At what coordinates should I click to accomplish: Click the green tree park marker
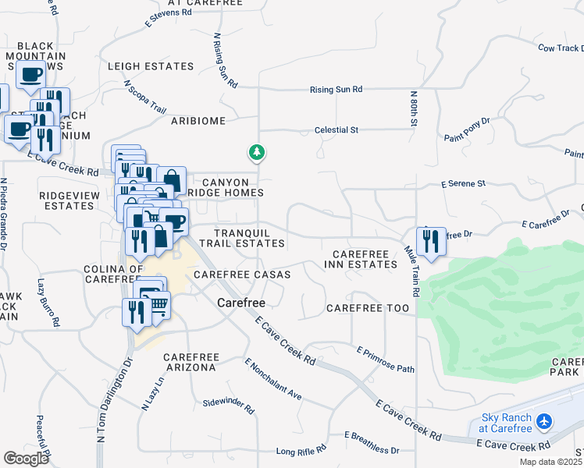[256, 152]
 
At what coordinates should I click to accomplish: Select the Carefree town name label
[241, 302]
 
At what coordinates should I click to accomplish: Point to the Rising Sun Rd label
[336, 90]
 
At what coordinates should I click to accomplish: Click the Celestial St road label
[336, 130]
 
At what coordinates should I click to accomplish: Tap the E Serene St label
[463, 184]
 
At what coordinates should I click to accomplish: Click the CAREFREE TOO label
[368, 309]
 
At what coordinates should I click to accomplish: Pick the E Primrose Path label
[386, 359]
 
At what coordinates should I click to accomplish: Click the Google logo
[27, 458]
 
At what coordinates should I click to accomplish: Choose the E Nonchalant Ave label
[273, 380]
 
